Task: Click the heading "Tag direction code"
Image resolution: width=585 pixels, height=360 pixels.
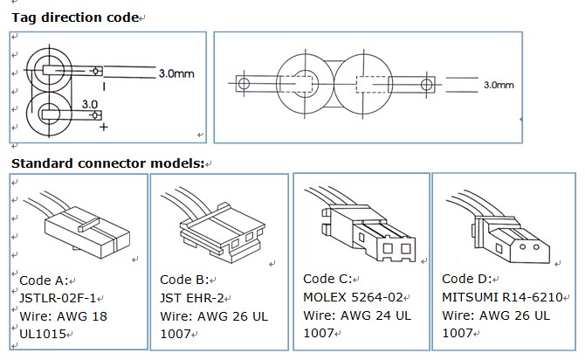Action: pyautogui.click(x=75, y=17)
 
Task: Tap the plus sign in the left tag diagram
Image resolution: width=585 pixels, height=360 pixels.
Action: pyautogui.click(x=105, y=128)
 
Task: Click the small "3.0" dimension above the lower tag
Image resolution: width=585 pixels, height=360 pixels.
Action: pyautogui.click(x=90, y=103)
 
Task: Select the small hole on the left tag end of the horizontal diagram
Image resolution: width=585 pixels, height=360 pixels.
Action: pyautogui.click(x=244, y=84)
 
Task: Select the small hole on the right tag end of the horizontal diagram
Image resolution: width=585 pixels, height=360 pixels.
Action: pyautogui.click(x=428, y=84)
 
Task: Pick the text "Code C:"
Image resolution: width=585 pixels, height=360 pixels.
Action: pyautogui.click(x=327, y=279)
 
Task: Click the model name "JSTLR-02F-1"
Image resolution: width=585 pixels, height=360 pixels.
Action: pyautogui.click(x=58, y=298)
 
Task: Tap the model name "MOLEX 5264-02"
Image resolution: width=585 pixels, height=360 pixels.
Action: pyautogui.click(x=354, y=296)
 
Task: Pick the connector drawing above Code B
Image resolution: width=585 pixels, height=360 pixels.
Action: pyautogui.click(x=220, y=225)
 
